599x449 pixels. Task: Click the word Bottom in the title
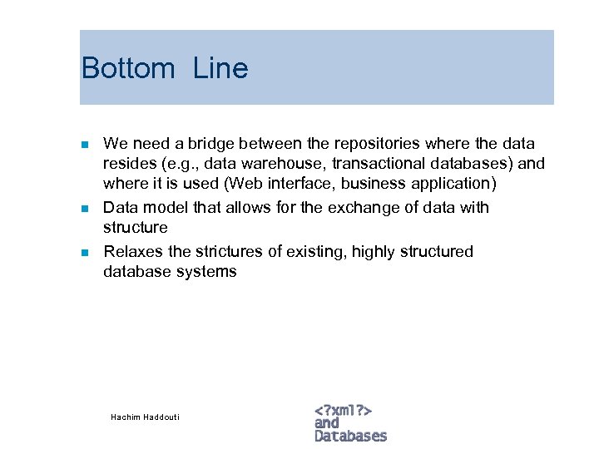click(128, 68)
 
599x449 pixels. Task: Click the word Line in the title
click(220, 68)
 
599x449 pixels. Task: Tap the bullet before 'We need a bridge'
click(84, 145)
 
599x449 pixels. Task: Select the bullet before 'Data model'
click(84, 208)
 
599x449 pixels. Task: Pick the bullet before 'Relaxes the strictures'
click(84, 252)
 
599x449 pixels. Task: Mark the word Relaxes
click(131, 251)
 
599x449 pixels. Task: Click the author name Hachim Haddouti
click(145, 417)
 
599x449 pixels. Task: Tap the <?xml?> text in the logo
click(343, 410)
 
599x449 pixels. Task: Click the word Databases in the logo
click(351, 436)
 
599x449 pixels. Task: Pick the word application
click(454, 184)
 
